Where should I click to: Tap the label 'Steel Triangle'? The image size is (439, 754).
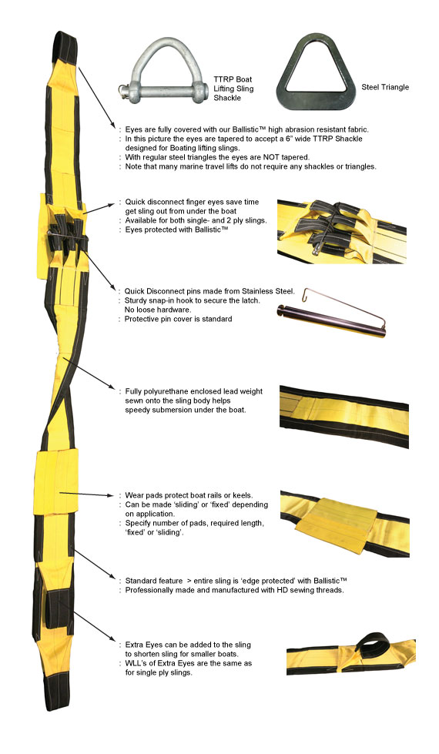385,87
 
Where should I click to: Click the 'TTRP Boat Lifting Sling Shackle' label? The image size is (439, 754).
233,89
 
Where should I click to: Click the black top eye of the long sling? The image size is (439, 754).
64,45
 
